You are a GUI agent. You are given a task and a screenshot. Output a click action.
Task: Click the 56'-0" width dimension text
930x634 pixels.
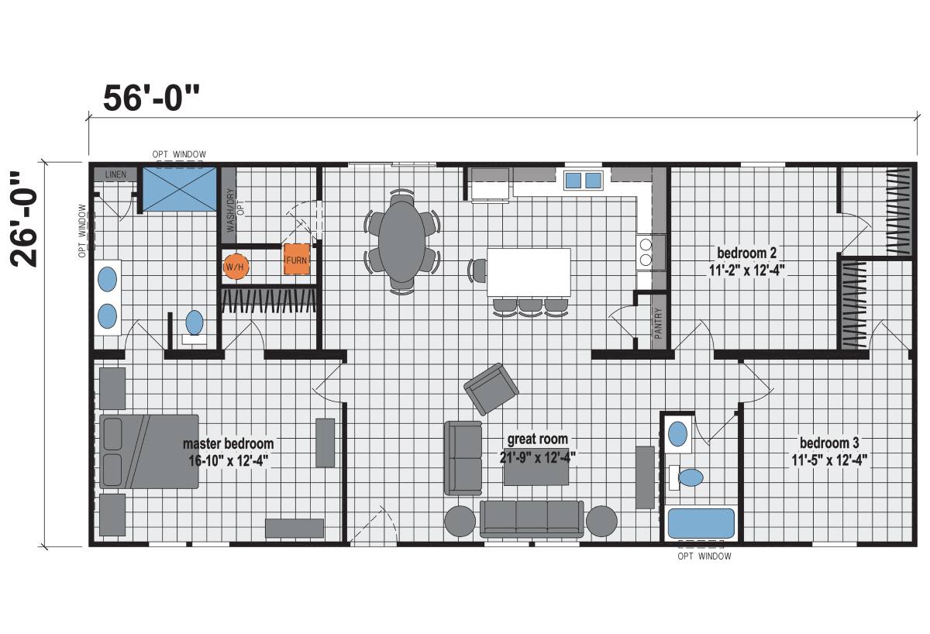pos(151,98)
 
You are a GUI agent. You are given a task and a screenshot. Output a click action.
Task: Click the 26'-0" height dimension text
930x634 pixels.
pos(24,219)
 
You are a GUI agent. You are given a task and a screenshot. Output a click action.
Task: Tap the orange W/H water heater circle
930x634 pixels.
pos(236,267)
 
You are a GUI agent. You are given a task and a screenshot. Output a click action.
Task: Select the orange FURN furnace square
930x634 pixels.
pos(296,260)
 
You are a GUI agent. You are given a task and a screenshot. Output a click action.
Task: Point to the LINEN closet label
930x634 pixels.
pos(115,174)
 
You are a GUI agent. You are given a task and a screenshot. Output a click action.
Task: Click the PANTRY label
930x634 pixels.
pos(658,322)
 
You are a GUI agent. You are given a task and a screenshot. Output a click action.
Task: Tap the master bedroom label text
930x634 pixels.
pos(229,443)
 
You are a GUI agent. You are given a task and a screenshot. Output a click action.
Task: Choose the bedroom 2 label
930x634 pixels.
pos(746,252)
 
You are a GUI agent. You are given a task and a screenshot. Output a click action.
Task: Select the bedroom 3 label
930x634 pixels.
pos(829,443)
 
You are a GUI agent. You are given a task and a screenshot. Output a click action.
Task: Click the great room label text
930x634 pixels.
pos(538,439)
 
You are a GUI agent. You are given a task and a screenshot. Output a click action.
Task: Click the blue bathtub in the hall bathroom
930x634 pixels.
pos(701,523)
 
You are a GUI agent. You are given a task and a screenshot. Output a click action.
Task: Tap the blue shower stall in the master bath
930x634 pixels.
pos(180,189)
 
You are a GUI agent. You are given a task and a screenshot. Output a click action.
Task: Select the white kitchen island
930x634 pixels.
pos(529,272)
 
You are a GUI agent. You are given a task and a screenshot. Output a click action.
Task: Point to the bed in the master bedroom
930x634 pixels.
pos(149,451)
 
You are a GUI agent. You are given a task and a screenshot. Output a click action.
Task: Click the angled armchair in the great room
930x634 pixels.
pos(491,389)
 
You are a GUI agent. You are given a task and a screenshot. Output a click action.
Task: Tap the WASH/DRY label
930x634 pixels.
pos(231,210)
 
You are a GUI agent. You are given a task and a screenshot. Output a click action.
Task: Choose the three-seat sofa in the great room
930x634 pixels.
pos(532,519)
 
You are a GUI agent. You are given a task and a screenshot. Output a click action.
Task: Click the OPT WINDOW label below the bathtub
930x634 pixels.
pos(704,556)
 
